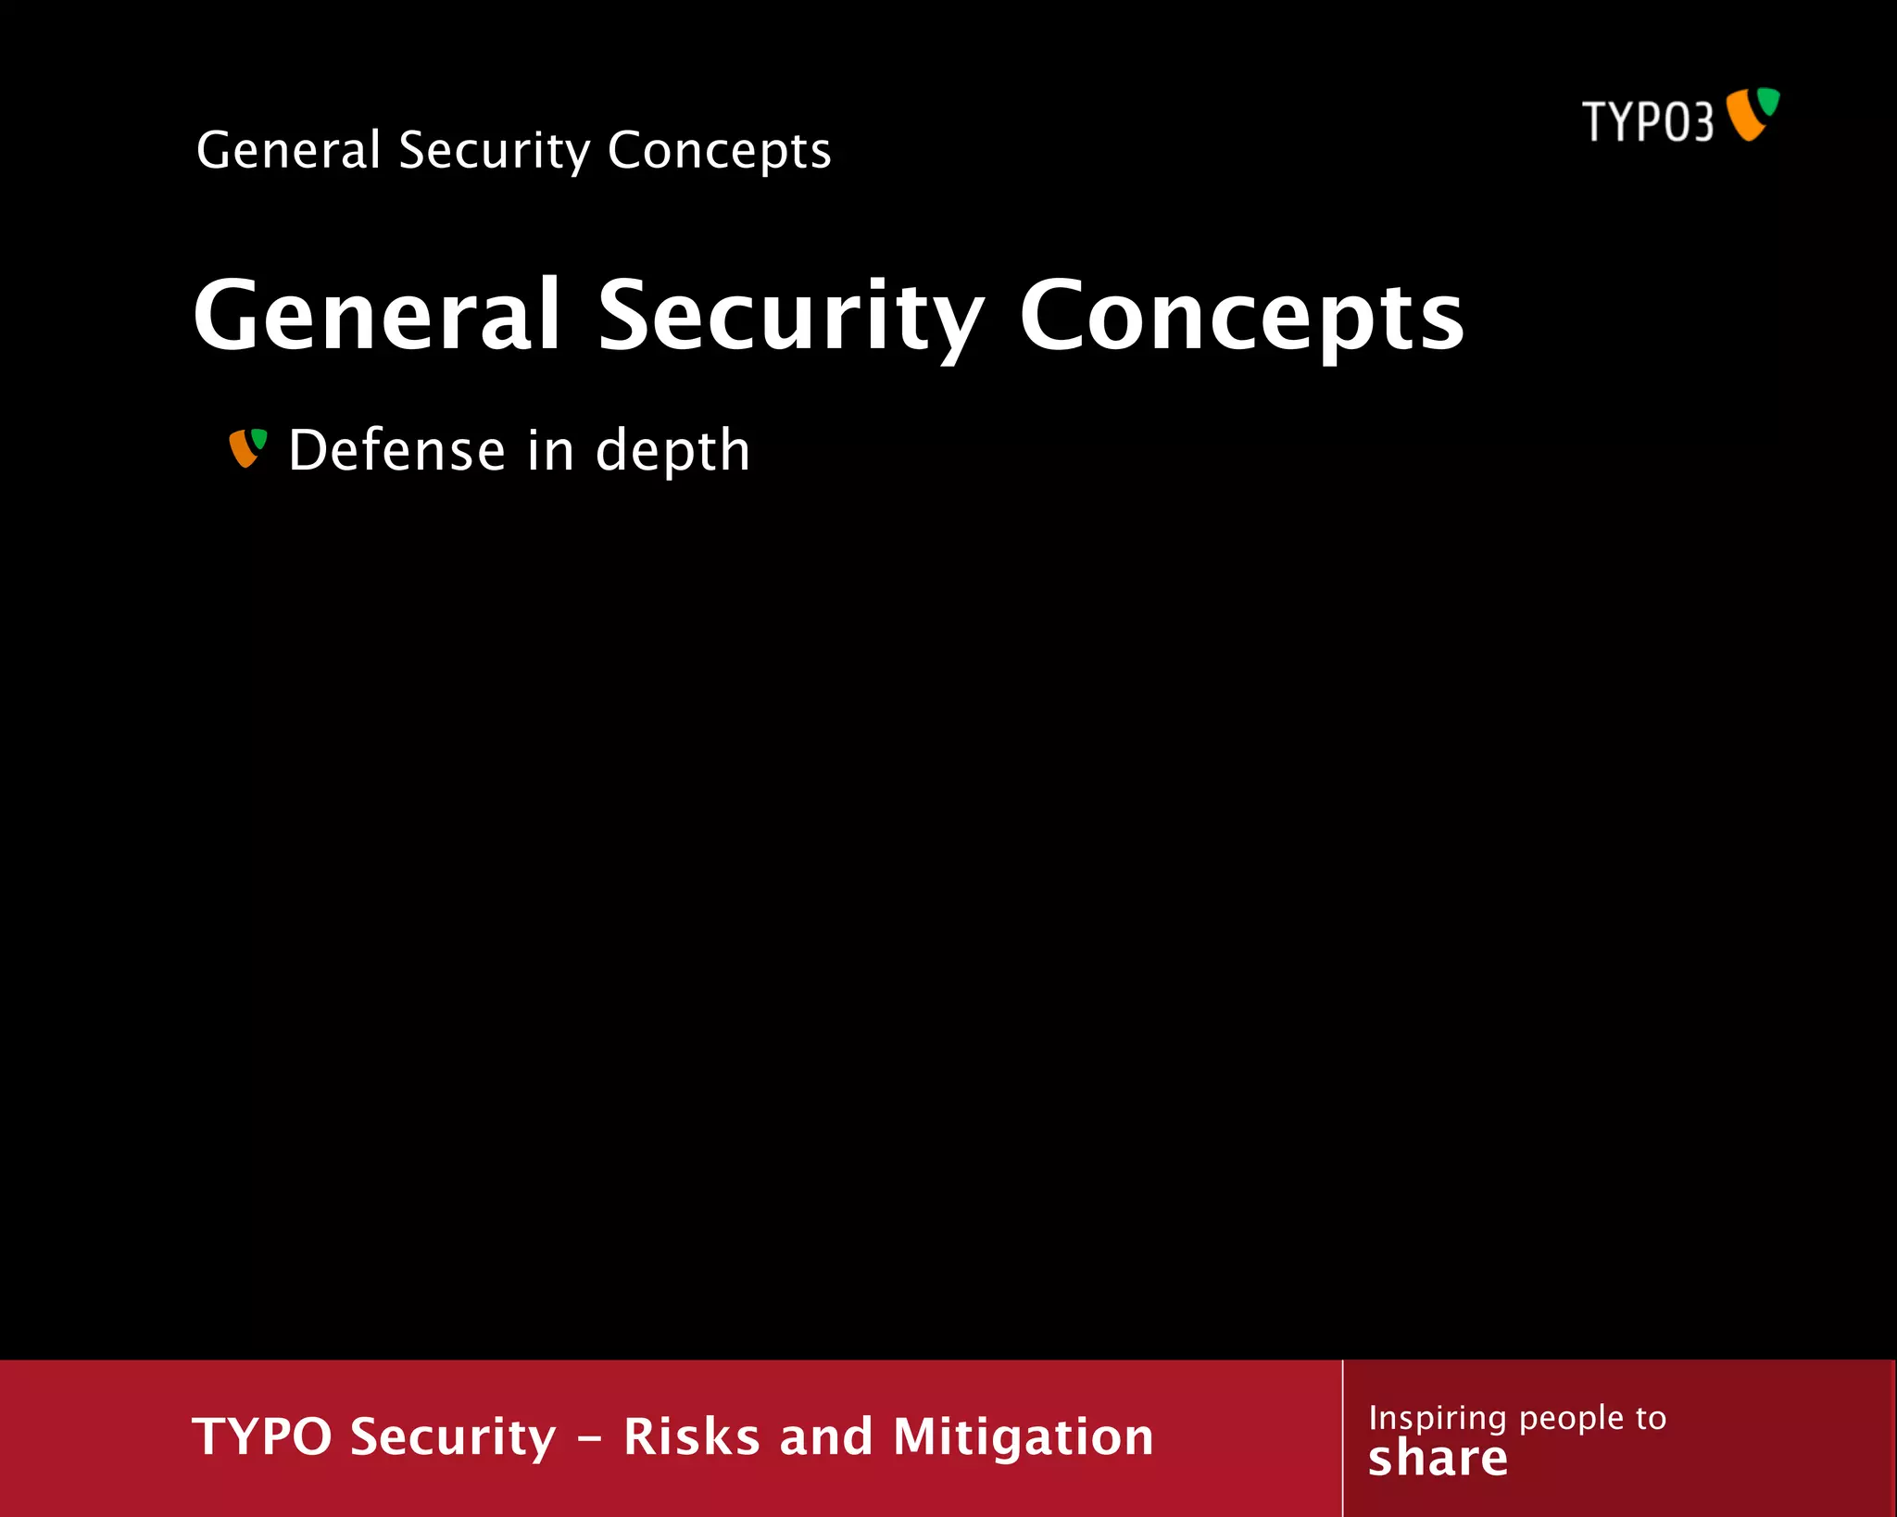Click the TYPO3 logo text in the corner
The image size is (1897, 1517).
pos(1647,121)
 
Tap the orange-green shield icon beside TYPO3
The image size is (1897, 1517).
pos(1753,114)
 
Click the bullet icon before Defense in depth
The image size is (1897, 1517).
pos(247,448)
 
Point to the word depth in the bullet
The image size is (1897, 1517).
pos(672,452)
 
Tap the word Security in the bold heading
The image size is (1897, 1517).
pos(790,317)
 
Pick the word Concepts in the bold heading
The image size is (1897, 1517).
pos(1241,317)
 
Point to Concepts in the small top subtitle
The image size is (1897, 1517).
pos(720,151)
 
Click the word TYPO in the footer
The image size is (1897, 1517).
pos(262,1436)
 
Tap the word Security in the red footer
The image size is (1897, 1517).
pos(454,1437)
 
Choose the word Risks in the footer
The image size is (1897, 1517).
pos(692,1436)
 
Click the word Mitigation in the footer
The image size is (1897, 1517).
pos(1024,1437)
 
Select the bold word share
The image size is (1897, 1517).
pos(1438,1459)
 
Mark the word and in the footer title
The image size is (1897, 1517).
pos(826,1436)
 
